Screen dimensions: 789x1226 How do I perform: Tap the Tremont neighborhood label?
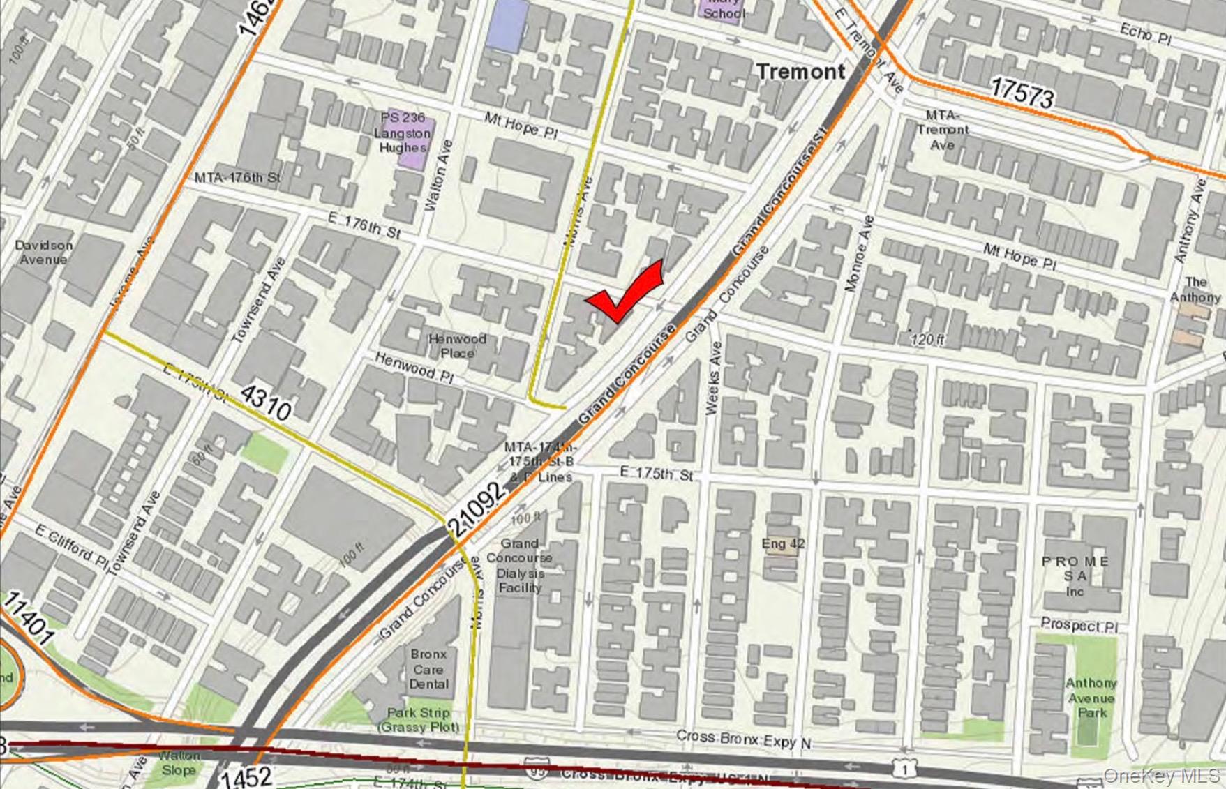point(800,71)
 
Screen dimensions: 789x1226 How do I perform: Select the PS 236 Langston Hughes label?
point(404,133)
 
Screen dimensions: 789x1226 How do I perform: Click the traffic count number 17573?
point(1022,92)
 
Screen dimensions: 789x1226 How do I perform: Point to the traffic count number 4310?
point(265,404)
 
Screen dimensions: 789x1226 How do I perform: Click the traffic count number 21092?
point(478,510)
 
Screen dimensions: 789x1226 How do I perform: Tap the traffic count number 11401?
point(29,619)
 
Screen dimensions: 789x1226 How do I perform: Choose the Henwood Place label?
point(457,346)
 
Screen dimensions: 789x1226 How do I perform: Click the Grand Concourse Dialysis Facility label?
point(520,565)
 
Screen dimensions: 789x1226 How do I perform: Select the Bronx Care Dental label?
point(428,669)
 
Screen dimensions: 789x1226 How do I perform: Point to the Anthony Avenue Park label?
point(1091,698)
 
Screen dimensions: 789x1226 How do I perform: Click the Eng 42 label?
point(783,543)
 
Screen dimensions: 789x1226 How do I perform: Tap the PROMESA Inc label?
point(1075,576)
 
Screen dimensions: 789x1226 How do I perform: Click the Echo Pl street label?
point(1145,33)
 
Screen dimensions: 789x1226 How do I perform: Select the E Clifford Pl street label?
point(72,548)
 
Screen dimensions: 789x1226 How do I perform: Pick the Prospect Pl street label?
point(1079,625)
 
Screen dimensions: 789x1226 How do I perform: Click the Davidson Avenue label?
point(43,253)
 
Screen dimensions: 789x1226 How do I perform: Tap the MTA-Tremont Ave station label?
point(942,130)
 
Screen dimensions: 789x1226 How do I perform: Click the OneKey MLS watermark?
point(1161,775)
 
